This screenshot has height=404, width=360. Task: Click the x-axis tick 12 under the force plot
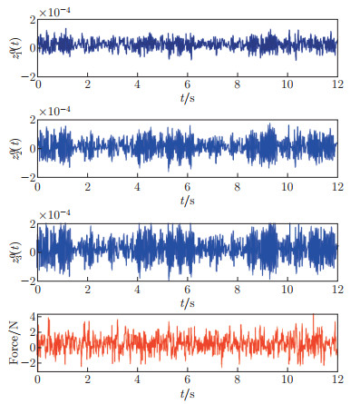click(336, 382)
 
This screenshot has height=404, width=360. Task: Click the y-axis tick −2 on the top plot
click(27, 74)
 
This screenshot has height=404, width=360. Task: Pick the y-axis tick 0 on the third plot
click(30, 251)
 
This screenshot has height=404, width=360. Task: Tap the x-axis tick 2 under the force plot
click(88, 382)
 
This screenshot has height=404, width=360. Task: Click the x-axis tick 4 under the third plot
click(138, 290)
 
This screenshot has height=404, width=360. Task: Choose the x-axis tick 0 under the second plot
click(39, 187)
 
